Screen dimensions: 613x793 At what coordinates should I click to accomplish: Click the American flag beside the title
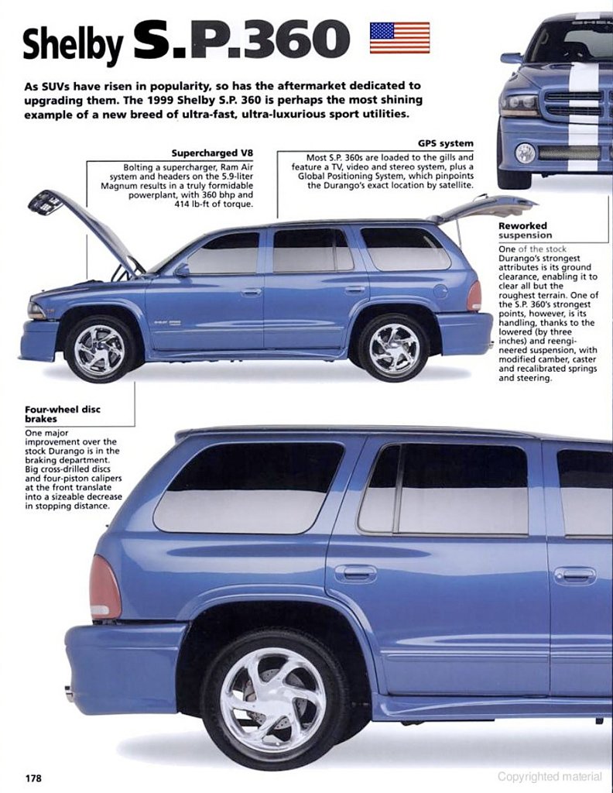coord(399,37)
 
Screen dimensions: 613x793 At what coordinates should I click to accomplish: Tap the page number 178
coord(33,777)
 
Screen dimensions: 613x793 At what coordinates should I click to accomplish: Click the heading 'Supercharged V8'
coord(223,153)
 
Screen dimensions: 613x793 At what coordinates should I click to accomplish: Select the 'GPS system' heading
coord(446,143)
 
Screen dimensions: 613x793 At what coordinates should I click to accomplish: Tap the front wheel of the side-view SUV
coord(100,348)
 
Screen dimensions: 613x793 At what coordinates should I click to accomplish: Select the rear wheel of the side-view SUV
coord(393,348)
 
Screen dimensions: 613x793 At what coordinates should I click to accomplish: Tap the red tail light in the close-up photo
coord(104,588)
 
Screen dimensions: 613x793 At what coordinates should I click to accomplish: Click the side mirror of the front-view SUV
coord(511,58)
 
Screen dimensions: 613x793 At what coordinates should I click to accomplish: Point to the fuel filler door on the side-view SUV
coord(440,291)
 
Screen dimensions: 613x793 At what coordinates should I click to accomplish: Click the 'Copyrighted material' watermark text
coord(550,777)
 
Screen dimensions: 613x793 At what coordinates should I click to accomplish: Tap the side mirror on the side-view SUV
coord(182,269)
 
